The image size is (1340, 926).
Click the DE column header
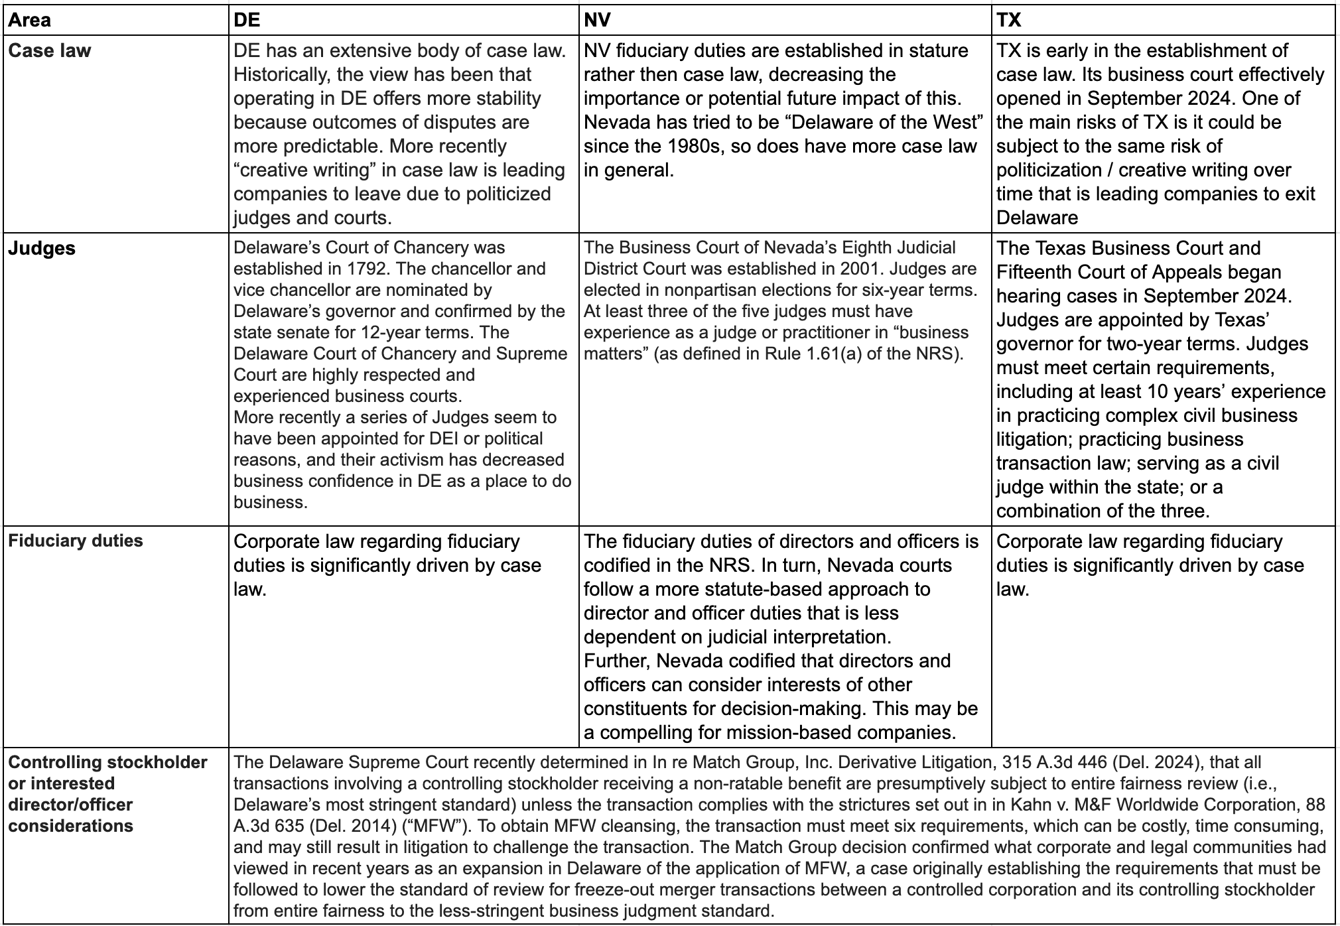[247, 20]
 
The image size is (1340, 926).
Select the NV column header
[597, 20]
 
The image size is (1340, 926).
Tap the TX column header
[1009, 20]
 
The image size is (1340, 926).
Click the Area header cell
[30, 20]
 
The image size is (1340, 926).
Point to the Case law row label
[50, 50]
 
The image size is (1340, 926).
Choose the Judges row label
[42, 248]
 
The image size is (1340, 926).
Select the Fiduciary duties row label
[76, 541]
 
